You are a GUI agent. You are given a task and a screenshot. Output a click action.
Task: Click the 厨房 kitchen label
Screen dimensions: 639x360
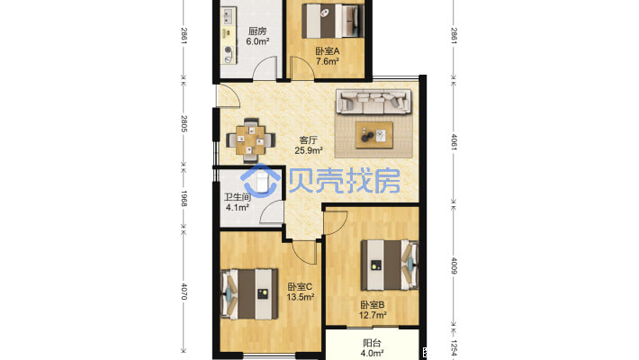257,31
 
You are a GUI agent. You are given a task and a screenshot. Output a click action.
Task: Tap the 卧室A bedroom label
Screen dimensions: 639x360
328,51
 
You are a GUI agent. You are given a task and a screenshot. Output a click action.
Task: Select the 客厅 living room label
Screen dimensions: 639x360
308,140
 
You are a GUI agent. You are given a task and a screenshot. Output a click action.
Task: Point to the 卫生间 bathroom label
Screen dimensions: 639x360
238,197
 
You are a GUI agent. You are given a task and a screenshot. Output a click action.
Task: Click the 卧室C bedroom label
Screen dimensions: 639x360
300,287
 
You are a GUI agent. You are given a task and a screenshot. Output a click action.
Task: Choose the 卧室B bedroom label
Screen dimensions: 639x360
372,305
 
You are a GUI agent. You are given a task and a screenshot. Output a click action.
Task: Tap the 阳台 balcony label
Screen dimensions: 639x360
372,343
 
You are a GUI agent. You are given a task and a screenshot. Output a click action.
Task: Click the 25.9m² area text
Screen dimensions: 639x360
309,150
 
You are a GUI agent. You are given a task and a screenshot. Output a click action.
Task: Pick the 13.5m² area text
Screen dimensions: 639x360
301,297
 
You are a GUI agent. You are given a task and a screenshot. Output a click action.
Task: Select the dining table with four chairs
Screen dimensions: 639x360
250,140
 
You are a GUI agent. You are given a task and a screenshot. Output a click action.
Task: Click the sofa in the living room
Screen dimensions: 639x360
373,102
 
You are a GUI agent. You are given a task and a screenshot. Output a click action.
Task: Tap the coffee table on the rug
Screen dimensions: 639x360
374,135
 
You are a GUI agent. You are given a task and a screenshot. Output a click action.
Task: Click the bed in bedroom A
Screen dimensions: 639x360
332,21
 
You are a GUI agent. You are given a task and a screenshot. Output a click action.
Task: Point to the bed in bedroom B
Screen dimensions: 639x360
390,265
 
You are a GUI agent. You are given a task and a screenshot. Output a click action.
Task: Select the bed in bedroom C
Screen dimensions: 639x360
249,294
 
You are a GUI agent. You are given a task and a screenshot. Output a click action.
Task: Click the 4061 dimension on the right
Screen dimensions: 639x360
454,142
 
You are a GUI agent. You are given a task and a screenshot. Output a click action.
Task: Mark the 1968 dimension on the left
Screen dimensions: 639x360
184,199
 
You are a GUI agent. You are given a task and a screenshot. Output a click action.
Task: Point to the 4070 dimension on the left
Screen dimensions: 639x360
184,292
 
